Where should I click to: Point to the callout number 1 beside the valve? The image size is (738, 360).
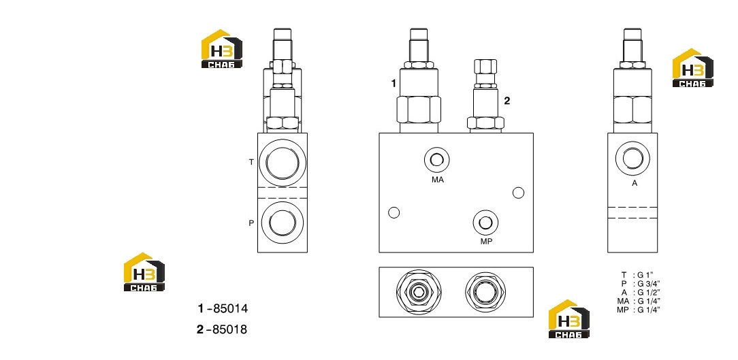[394, 84]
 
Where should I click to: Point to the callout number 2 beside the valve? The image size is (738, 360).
[507, 100]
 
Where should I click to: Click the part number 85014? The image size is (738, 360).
[230, 309]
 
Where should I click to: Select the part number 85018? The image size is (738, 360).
[229, 329]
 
